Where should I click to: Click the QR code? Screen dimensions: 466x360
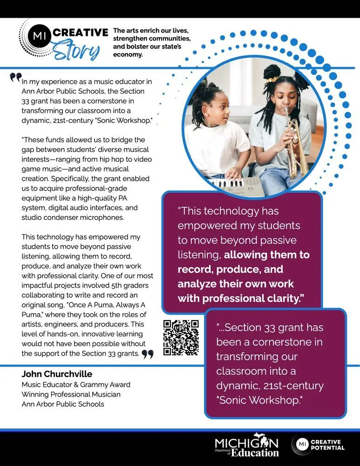[181, 338]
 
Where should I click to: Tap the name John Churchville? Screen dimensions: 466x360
[57, 374]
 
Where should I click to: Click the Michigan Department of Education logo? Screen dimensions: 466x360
[247, 447]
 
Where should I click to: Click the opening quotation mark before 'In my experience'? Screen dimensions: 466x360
[15, 77]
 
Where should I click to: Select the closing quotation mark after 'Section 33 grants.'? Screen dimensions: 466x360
[148, 355]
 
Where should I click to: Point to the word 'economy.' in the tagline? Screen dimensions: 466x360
[128, 55]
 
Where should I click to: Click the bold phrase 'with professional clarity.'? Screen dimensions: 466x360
[244, 298]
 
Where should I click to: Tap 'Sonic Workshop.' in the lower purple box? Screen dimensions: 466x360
[259, 400]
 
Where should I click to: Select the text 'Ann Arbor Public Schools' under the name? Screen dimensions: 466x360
[63, 404]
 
